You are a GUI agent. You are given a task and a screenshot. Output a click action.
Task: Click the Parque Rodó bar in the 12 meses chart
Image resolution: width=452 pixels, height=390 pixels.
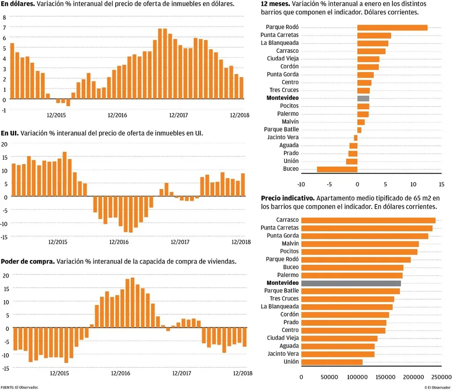point(392,28)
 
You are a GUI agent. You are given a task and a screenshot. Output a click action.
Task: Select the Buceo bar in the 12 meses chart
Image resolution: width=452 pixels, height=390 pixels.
point(337,169)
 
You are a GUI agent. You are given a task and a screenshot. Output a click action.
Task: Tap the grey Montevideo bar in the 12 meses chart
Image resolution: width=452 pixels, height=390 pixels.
point(363,98)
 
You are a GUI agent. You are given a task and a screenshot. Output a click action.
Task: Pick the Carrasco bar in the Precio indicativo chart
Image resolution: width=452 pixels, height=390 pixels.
point(368,220)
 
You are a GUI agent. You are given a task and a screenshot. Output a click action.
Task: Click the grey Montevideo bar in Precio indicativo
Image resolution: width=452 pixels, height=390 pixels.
point(351,283)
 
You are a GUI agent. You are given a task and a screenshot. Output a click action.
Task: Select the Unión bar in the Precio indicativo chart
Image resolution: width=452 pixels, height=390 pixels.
point(331,362)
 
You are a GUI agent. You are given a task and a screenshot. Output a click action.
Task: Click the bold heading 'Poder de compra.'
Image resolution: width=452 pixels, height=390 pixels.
point(28,261)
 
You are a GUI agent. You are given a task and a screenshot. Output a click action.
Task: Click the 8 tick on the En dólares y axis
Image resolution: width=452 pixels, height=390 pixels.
point(4,18)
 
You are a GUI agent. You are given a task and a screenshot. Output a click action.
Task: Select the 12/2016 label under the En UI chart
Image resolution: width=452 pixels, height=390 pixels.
point(118,242)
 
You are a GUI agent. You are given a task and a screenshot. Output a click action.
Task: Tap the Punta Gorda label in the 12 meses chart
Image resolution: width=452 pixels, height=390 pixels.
point(282,74)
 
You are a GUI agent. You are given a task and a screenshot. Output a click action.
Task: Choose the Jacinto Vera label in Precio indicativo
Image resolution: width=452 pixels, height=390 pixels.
point(283,354)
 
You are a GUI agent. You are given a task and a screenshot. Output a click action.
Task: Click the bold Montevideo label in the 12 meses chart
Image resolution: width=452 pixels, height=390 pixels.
point(282,98)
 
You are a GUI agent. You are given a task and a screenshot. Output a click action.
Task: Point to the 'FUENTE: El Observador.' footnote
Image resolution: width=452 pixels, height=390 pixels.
point(19,387)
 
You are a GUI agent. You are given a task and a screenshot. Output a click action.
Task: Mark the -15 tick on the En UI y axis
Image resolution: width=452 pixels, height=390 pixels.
point(4,237)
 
